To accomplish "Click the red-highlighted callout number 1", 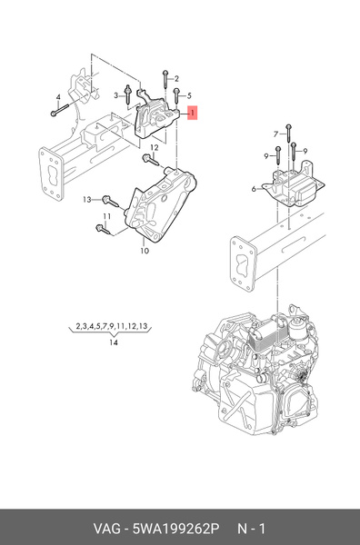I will pos(192,114).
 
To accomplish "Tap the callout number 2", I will pos(176,78).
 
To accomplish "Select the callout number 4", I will pos(57,97).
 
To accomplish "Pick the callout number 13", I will pos(88,198).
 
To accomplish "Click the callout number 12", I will pos(155,146).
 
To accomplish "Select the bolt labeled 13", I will pos(108,199).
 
